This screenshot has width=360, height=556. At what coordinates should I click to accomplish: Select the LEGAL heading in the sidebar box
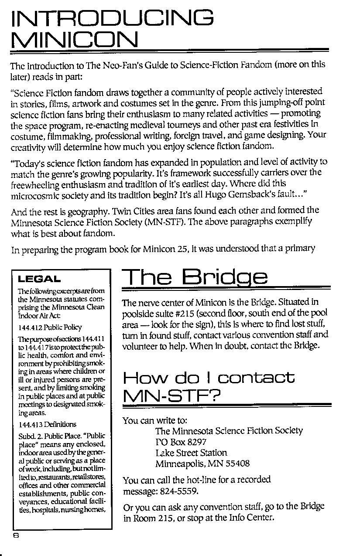(39, 279)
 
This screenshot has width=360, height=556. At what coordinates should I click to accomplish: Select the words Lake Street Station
(191, 452)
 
